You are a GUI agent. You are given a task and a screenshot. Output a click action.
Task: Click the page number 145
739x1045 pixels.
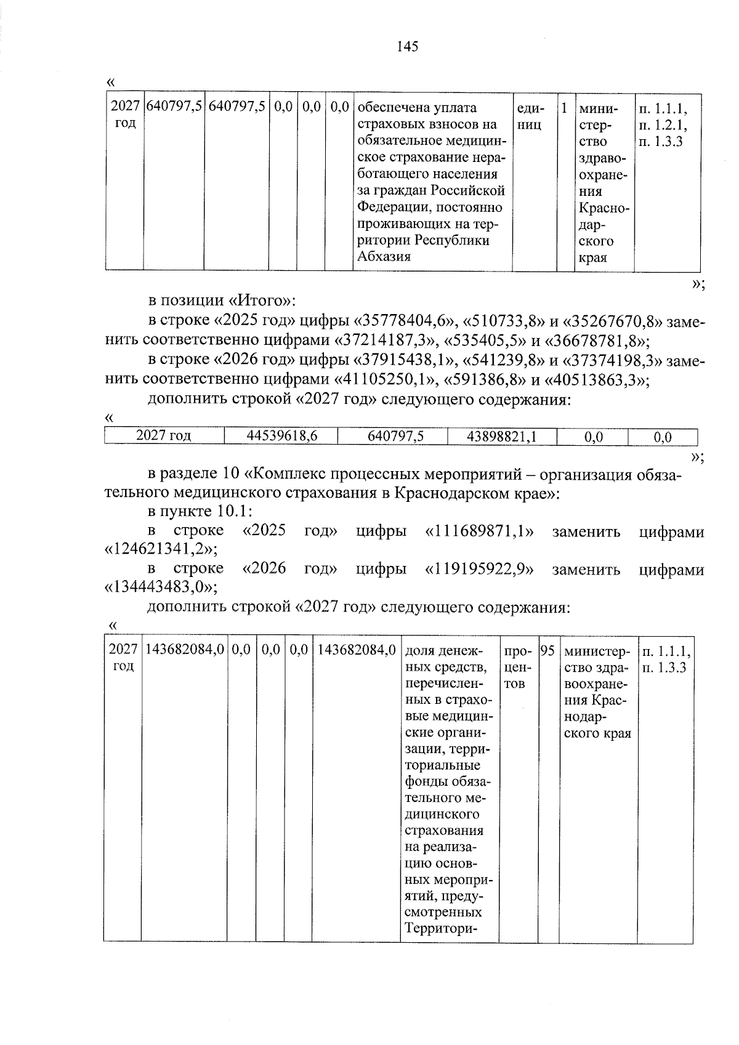tap(408, 47)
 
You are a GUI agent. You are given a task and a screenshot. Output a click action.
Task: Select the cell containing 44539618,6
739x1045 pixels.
tap(281, 437)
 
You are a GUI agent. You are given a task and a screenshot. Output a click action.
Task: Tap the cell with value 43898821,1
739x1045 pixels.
tap(502, 437)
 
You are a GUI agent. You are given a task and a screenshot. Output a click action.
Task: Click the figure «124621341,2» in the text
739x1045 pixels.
tap(160, 549)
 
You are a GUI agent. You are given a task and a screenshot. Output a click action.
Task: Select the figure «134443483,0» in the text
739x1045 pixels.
tap(160, 586)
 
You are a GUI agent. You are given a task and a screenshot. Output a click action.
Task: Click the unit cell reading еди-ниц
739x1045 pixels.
tap(531, 116)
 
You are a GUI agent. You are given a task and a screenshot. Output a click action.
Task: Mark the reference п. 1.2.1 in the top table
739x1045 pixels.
tap(663, 125)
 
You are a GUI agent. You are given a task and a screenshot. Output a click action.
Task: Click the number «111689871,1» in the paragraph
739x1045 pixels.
tap(479, 531)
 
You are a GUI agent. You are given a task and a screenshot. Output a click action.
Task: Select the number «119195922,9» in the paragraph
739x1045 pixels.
tap(479, 568)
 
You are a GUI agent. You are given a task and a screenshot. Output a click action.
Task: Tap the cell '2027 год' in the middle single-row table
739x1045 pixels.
tap(164, 437)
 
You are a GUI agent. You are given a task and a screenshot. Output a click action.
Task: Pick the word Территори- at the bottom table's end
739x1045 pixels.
tap(442, 928)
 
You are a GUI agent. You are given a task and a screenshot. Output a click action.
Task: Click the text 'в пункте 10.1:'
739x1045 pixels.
tap(200, 512)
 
